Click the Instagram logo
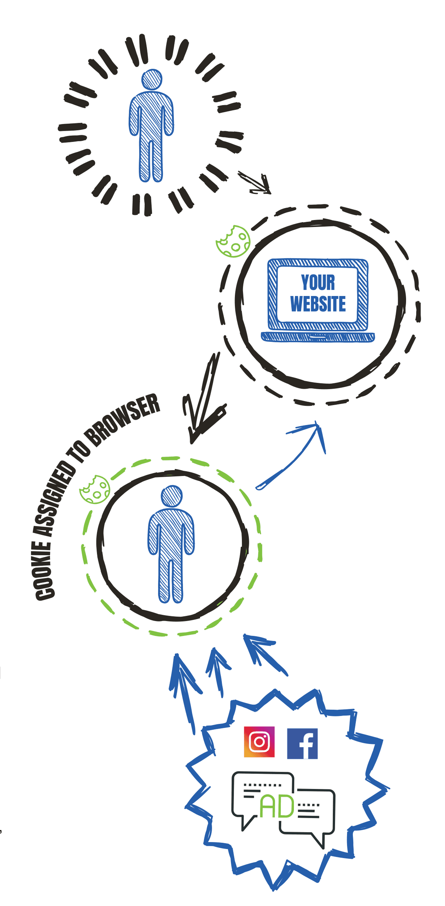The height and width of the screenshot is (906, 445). [259, 742]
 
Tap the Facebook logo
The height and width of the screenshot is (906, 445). [302, 743]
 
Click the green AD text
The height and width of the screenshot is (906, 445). [277, 806]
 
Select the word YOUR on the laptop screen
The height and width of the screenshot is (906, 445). [318, 282]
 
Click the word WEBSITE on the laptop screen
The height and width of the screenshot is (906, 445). [318, 304]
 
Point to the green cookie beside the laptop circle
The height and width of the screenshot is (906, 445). [233, 241]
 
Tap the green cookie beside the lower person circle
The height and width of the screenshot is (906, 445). [95, 489]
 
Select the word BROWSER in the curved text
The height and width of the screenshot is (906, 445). [123, 418]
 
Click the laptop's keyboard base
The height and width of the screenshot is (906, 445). [318, 337]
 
